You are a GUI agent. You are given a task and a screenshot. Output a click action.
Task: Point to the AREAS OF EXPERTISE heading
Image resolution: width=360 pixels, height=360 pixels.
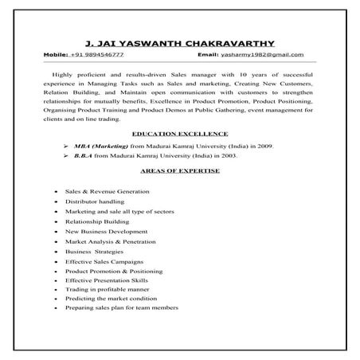[x=179, y=170]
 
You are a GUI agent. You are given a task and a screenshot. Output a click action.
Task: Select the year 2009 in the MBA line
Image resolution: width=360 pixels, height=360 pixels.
[x=264, y=147]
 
